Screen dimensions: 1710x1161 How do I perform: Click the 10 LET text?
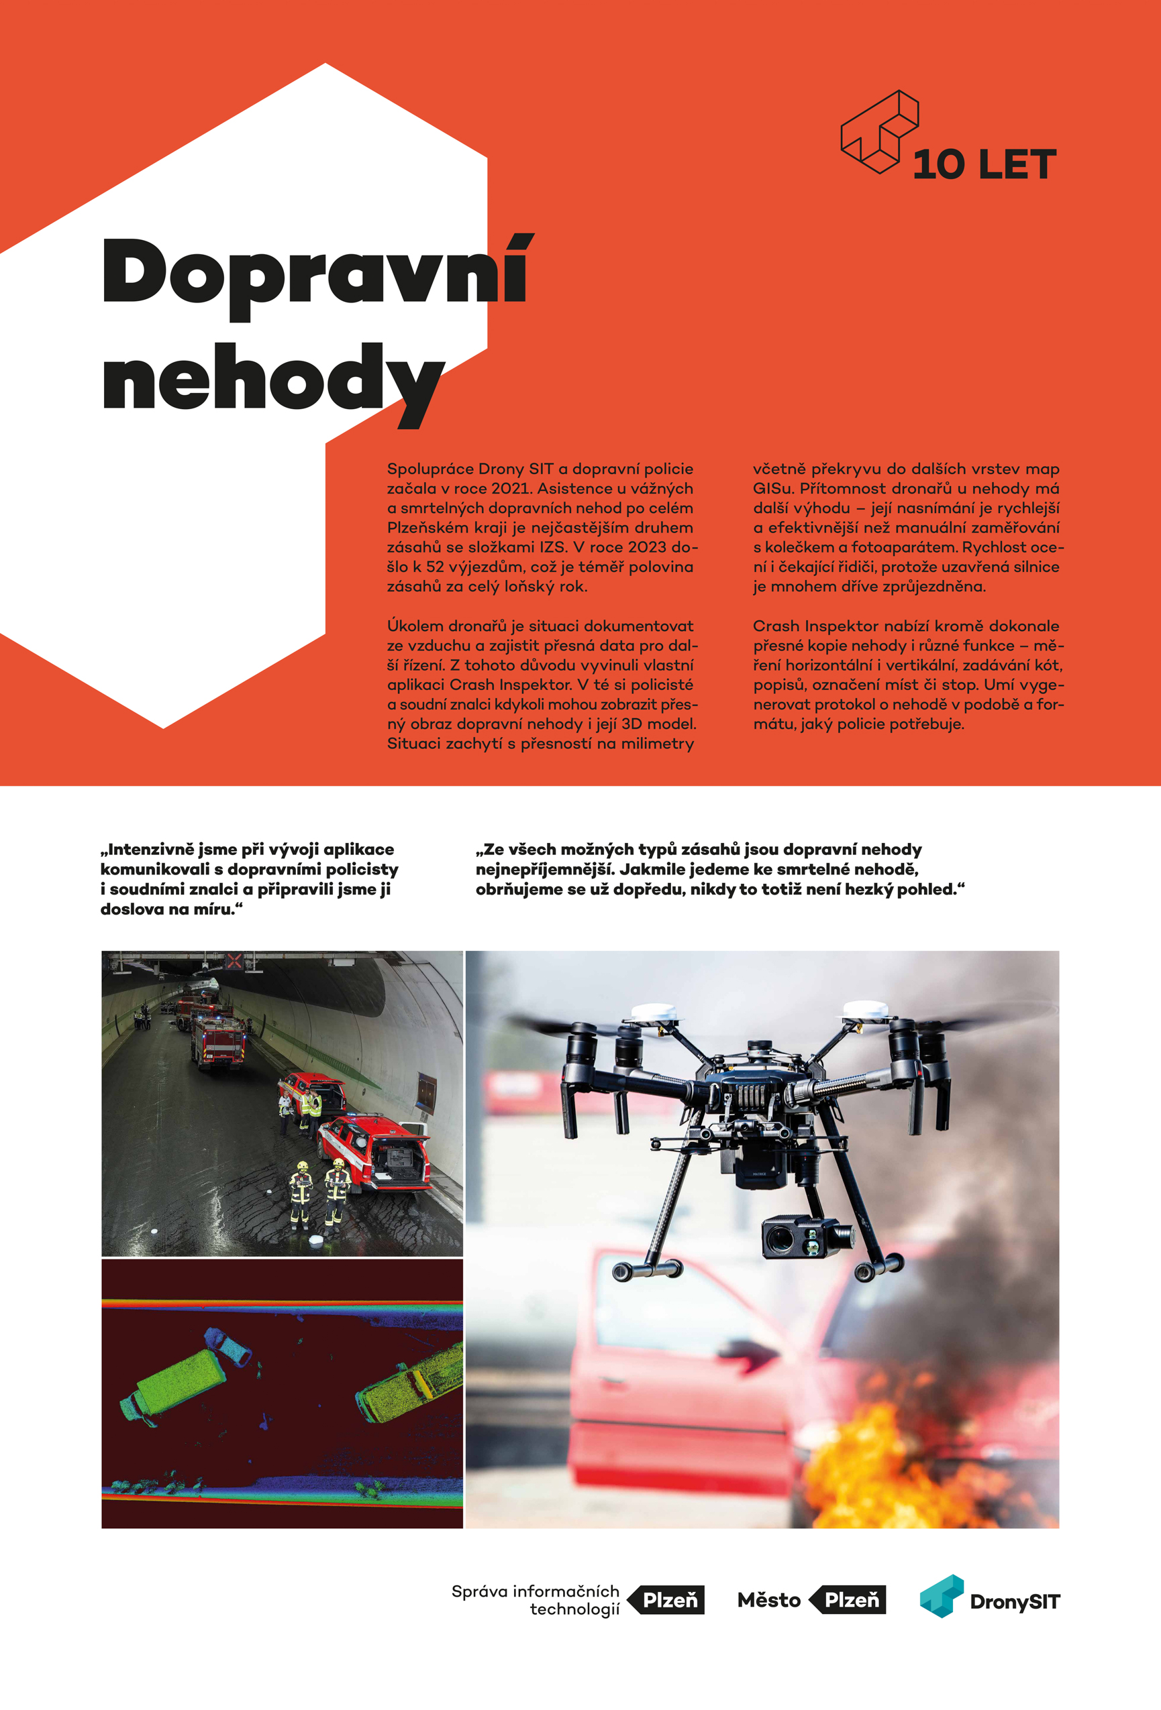click(985, 165)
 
